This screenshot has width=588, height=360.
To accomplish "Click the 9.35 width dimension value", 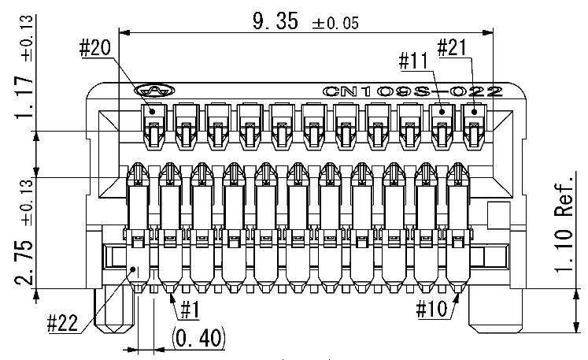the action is coord(276,21).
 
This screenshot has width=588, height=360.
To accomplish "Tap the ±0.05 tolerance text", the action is coord(335,24).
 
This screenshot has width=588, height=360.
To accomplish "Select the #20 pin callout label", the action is coord(95,48).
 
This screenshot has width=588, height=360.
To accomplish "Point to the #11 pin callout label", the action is coord(413,61).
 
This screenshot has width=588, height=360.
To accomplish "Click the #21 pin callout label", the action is coord(452,48).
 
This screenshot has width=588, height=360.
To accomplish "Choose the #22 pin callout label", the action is coord(63,323).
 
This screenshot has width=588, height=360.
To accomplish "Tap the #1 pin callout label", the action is coord(190,310).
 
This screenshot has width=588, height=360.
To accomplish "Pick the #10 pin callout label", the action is coord(431,310).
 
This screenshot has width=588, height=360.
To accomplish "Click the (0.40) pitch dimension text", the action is coord(198,338).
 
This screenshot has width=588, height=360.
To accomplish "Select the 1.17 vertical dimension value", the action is coord(24,97).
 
